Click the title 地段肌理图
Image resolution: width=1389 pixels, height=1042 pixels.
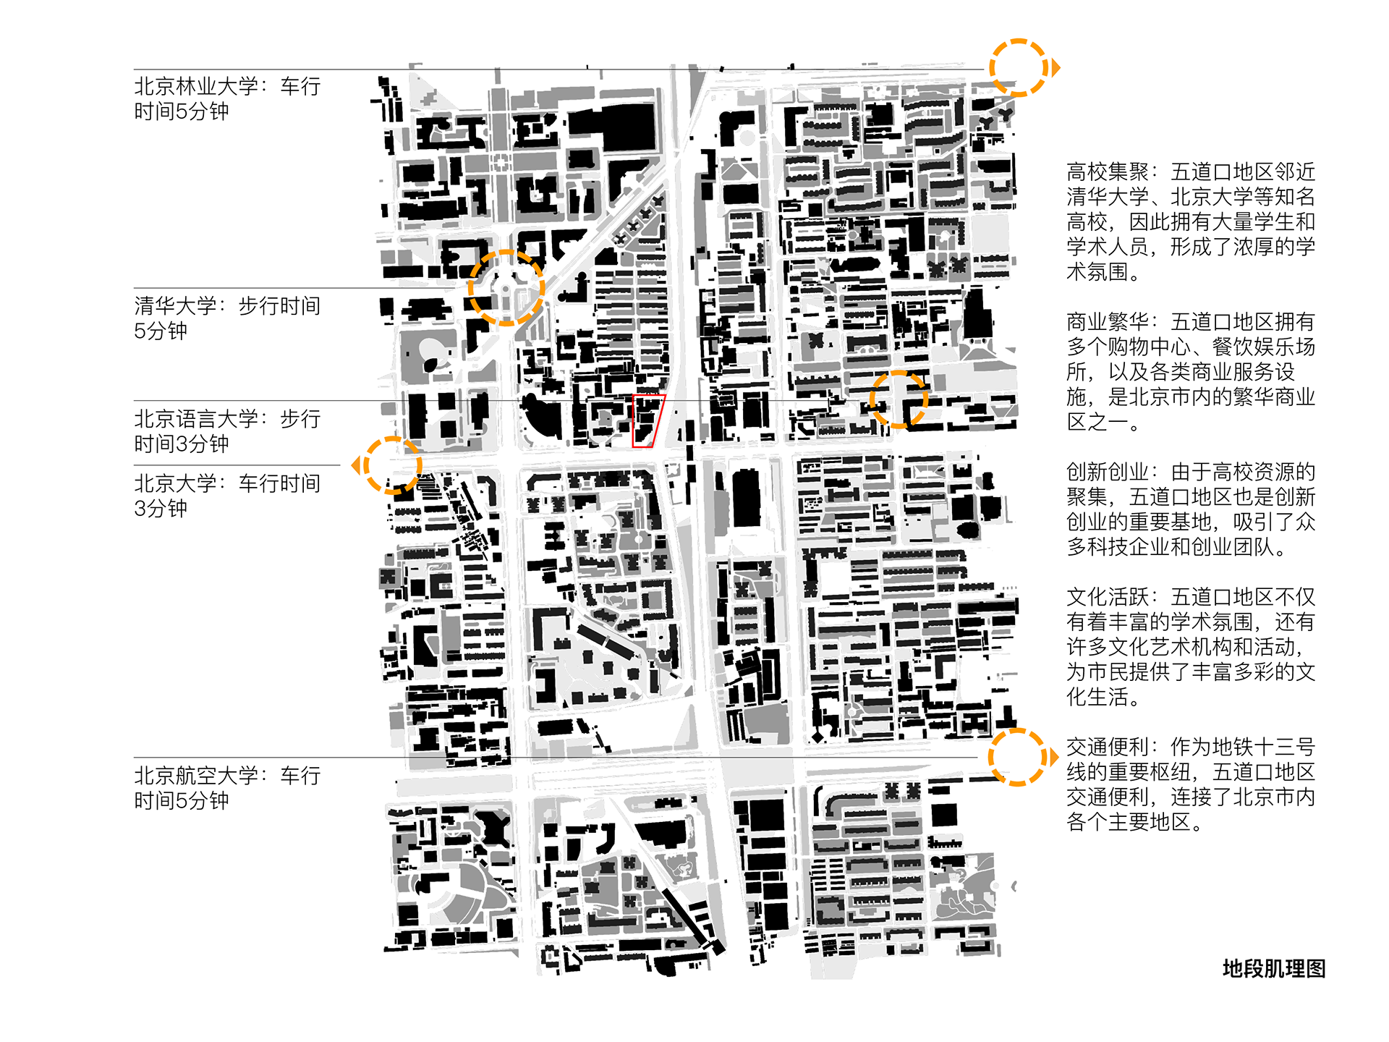(x=1273, y=969)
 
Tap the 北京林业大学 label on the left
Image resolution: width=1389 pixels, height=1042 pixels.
(x=196, y=87)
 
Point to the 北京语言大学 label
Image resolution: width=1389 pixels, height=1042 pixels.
(x=196, y=419)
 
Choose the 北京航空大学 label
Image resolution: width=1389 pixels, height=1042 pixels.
(x=196, y=776)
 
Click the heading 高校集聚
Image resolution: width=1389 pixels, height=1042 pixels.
(x=1107, y=172)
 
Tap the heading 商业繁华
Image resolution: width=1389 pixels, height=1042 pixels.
(x=1107, y=322)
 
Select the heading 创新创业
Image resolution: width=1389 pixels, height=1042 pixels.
(x=1107, y=473)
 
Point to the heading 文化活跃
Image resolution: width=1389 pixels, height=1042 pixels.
(x=1107, y=598)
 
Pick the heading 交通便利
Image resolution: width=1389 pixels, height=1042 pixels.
(x=1107, y=747)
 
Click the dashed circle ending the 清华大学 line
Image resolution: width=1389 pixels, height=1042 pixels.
(x=506, y=288)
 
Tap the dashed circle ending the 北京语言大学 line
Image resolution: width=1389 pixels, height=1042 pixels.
(x=899, y=399)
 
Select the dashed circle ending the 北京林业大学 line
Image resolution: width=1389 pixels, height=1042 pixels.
(x=1018, y=67)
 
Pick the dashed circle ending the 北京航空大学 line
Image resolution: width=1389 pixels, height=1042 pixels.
(x=1016, y=758)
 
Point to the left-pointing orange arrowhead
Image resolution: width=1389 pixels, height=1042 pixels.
(x=356, y=465)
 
